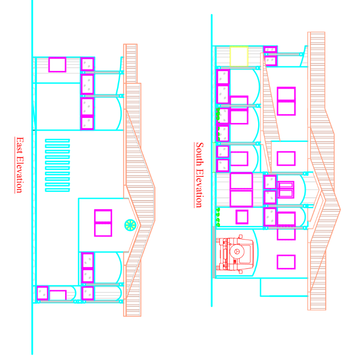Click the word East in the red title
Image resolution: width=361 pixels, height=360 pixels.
click(x=20, y=145)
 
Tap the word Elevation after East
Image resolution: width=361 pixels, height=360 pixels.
click(x=20, y=174)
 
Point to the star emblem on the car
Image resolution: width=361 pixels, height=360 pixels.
click(x=236, y=251)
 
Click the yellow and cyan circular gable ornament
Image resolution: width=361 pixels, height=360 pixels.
click(x=130, y=225)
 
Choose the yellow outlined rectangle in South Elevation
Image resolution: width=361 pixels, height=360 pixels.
click(x=239, y=56)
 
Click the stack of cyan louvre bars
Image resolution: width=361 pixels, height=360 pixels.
click(x=57, y=165)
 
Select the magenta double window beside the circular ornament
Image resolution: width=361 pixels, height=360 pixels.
click(x=103, y=223)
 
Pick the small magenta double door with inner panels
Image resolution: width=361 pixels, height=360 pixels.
click(x=286, y=190)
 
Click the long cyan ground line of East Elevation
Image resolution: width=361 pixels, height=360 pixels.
click(x=32, y=177)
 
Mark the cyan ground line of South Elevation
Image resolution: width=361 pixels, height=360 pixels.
click(x=212, y=161)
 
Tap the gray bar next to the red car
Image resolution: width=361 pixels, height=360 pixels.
click(x=214, y=252)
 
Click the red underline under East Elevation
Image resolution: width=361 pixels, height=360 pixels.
click(x=15, y=165)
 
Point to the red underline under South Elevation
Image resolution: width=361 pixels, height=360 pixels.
click(x=194, y=175)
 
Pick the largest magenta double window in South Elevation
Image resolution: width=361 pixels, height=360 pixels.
click(x=241, y=190)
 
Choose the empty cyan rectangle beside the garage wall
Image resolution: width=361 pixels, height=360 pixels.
click(x=284, y=287)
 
